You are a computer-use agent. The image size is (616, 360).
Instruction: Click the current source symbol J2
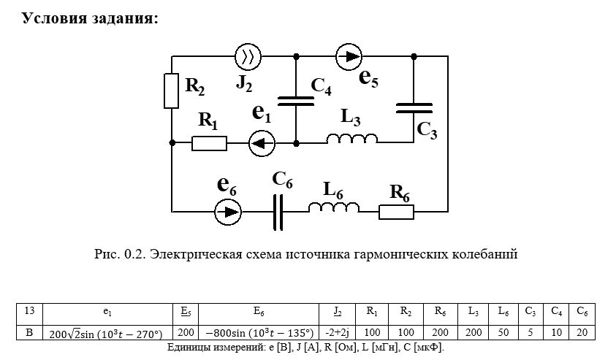(248, 56)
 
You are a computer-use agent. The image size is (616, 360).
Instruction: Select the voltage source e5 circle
(349, 56)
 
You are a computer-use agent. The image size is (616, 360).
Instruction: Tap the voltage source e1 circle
(262, 143)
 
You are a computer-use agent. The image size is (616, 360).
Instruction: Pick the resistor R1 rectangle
(210, 143)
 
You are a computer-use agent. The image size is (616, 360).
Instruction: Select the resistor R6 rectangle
(396, 212)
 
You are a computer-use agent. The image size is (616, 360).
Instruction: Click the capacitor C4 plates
(296, 99)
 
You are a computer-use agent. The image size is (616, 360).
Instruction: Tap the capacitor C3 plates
(414, 108)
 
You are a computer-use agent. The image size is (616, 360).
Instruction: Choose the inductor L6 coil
(333, 209)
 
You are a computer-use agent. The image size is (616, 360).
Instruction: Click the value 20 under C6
(582, 334)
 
